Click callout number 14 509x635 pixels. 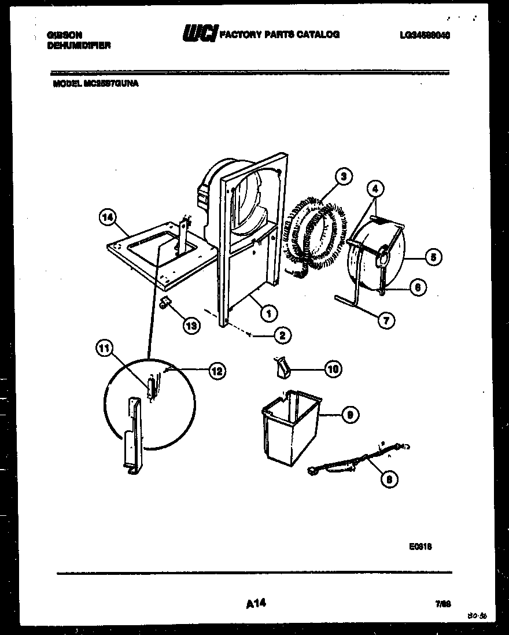click(107, 218)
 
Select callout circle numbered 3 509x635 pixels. click(344, 177)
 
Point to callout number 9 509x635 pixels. click(349, 414)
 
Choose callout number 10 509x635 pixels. click(333, 368)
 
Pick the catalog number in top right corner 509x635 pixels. click(425, 35)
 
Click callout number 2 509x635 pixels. click(283, 334)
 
